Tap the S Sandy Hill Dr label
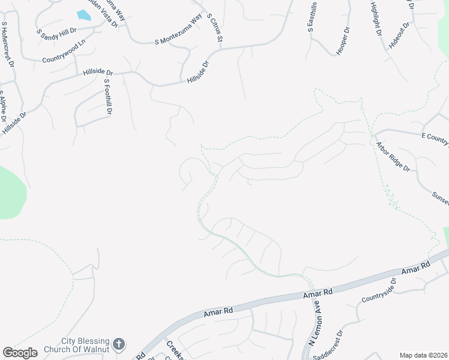coord(56,34)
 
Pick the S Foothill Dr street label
coord(108,97)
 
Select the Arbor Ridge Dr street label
coord(393,157)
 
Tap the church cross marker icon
coord(119,344)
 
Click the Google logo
coord(20,353)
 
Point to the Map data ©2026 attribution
coord(424,355)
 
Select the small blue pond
coord(83,16)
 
